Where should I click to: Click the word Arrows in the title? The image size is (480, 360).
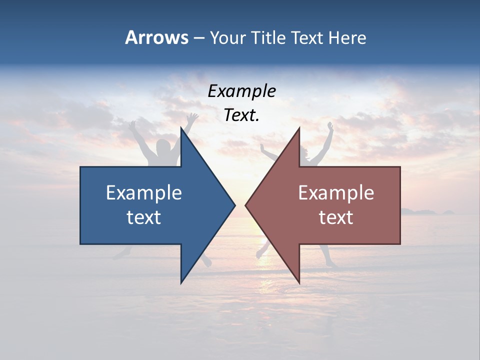tap(157, 37)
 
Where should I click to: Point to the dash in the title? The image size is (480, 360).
tap(199, 38)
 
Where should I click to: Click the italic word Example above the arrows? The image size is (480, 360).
tap(241, 91)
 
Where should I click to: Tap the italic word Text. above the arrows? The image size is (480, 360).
tap(241, 115)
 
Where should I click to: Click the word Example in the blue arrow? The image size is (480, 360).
tap(144, 192)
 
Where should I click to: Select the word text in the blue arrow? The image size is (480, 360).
tap(144, 217)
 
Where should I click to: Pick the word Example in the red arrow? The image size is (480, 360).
tap(336, 192)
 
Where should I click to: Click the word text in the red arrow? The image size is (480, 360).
tap(336, 217)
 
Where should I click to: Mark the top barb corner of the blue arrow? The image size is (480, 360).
tap(181, 128)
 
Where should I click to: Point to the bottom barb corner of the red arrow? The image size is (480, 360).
tap(299, 283)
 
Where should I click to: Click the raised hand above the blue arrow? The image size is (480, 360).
tap(192, 117)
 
